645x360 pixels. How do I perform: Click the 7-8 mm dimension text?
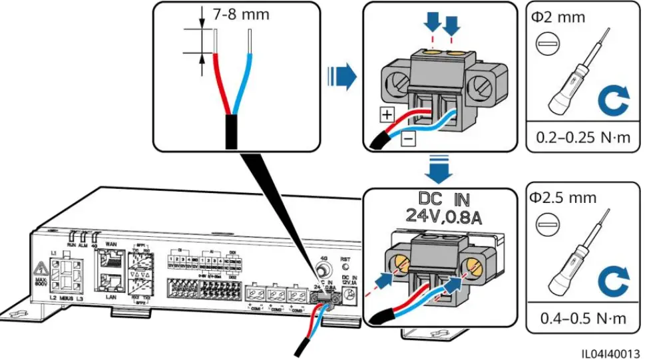pos(241,15)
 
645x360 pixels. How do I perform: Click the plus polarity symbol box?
pos(387,113)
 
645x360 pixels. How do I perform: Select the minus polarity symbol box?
pos(407,138)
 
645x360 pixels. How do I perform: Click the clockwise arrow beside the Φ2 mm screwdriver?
pos(612,100)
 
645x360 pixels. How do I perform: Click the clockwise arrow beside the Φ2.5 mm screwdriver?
pos(612,281)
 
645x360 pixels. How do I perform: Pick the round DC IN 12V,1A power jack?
pos(345,301)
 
